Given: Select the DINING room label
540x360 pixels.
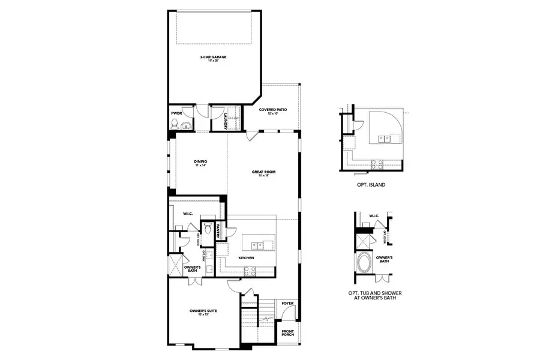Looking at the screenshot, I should pyautogui.click(x=200, y=163).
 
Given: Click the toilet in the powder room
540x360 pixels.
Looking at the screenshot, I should pyautogui.click(x=175, y=125).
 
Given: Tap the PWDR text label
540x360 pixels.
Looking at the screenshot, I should pyautogui.click(x=176, y=113).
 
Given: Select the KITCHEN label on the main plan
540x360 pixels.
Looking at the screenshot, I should pyautogui.click(x=246, y=258).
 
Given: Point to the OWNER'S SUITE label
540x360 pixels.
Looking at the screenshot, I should pyautogui.click(x=203, y=312).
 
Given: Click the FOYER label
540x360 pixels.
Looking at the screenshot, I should pyautogui.click(x=288, y=304).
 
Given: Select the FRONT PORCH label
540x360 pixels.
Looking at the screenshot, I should pyautogui.click(x=289, y=332).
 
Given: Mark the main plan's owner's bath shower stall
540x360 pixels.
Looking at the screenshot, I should pyautogui.click(x=176, y=265).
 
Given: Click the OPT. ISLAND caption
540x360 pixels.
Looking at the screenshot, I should pyautogui.click(x=370, y=185).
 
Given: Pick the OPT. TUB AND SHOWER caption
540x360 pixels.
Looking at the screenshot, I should pyautogui.click(x=376, y=296).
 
